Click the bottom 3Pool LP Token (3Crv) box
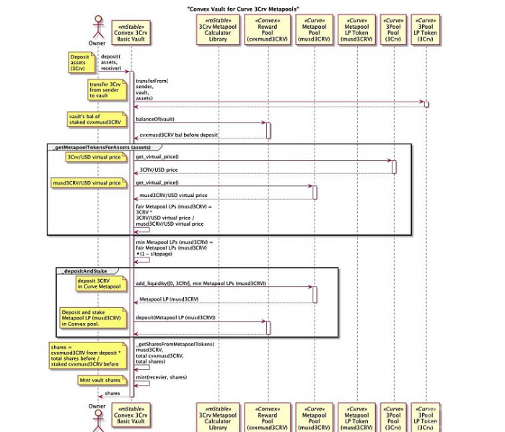point(426,416)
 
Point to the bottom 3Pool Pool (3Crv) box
point(393,416)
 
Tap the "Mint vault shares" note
point(100,379)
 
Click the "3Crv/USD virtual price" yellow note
point(96,157)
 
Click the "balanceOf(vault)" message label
point(155,119)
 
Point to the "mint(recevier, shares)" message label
point(162,376)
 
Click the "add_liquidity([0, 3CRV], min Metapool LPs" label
point(201,283)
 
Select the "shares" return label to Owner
point(113,393)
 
